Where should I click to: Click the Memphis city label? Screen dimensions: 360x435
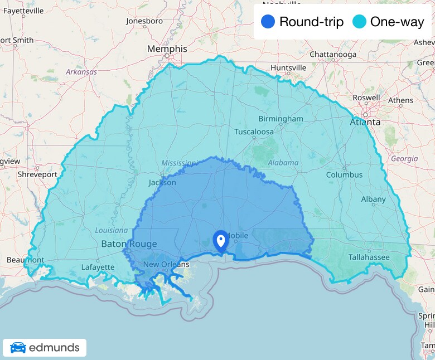pos(167,49)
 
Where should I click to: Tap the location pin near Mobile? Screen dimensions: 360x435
pos(221,241)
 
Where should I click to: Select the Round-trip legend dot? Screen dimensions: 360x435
pos(268,22)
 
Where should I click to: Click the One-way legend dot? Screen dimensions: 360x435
pos(360,22)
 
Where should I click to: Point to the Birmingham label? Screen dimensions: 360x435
pos(281,119)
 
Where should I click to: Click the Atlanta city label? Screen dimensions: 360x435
pos(365,122)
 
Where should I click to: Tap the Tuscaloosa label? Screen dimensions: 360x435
pos(254,132)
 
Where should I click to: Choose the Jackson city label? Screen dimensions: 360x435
pos(162,182)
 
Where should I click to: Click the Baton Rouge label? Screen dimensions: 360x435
pos(129,244)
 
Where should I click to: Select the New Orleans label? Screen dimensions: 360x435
pos(166,264)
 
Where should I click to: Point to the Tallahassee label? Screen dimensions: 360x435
pos(369,257)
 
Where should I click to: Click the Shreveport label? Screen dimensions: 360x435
pos(37,174)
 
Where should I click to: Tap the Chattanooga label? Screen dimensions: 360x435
pos(333,55)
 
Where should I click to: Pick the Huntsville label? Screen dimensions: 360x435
pos(288,68)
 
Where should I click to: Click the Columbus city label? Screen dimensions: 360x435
pos(344,175)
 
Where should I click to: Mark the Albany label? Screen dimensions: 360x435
pos(373,199)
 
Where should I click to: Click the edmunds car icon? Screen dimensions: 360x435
pos(18,348)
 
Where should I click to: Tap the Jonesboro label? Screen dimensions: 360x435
pos(144,21)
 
